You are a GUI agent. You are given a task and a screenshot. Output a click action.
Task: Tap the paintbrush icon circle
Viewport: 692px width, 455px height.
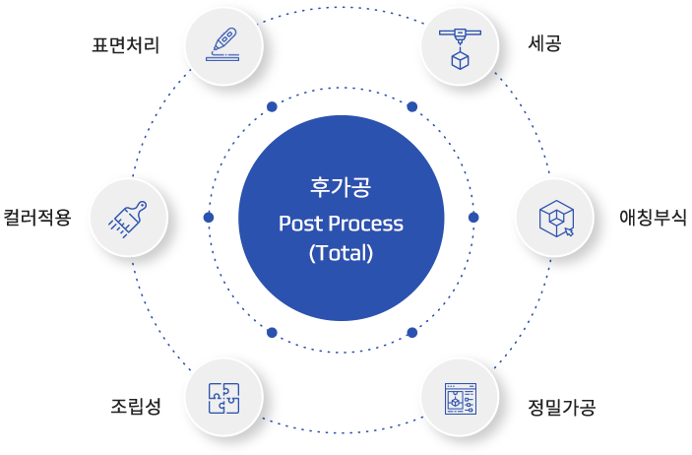point(128,217)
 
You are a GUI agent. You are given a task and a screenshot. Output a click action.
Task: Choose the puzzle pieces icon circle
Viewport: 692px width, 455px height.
point(223,397)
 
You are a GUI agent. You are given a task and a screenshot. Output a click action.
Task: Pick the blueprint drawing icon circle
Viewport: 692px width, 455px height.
point(460,397)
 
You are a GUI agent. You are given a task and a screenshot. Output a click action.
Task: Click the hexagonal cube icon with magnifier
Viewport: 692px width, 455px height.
point(555,217)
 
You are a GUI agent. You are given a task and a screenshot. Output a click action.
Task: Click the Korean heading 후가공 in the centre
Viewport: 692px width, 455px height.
point(341,185)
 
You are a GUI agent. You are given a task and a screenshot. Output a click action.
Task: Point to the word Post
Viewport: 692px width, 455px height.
point(299,224)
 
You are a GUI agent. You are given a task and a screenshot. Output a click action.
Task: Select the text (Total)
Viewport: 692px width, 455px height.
point(341,252)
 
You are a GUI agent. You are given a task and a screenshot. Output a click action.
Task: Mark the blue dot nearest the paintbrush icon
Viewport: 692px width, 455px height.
point(209,217)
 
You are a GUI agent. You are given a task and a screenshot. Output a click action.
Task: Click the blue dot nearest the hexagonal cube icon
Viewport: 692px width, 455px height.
point(473,217)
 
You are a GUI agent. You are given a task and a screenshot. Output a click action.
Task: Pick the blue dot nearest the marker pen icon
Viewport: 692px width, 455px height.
point(272,106)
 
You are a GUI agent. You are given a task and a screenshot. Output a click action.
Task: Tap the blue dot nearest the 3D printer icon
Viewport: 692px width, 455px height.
point(412,106)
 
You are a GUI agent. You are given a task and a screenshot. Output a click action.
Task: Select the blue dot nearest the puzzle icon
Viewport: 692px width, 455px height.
point(272,332)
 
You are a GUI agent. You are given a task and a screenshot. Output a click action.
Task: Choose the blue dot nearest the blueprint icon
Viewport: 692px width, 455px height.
point(412,332)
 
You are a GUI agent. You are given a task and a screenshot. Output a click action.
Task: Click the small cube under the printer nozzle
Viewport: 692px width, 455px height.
point(460,60)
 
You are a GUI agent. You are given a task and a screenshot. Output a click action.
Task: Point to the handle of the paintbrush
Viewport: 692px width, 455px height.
point(139,208)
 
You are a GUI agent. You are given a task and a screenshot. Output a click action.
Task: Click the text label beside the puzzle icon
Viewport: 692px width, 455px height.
point(136,406)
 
